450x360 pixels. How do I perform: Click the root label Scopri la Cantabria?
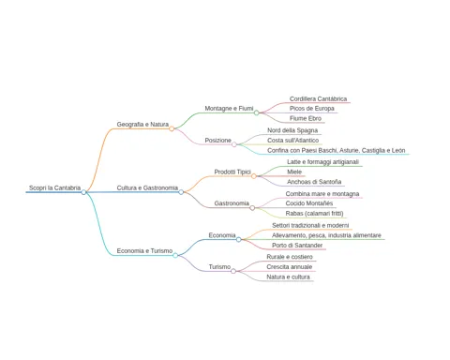(54, 187)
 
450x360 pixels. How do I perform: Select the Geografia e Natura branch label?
(142, 125)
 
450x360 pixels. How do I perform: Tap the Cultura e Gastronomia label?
(147, 187)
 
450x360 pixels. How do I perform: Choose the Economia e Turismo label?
(144, 251)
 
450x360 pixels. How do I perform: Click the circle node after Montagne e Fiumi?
(256, 112)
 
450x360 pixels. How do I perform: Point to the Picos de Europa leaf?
(312, 109)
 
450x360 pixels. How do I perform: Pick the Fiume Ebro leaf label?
(306, 118)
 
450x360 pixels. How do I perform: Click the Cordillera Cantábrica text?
(318, 98)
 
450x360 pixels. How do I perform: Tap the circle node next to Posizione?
(234, 144)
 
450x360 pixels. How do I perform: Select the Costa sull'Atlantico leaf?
(292, 141)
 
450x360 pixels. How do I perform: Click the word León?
(398, 150)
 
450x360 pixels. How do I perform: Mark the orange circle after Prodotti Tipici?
(254, 176)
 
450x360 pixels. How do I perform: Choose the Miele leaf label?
(294, 172)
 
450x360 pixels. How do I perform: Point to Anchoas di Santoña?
(314, 182)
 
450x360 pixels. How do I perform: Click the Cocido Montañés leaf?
(309, 203)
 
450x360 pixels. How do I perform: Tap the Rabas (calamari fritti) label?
(314, 214)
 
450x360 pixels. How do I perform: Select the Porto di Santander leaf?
(297, 246)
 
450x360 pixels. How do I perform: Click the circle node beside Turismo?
(233, 271)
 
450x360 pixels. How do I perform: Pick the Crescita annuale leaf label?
(290, 267)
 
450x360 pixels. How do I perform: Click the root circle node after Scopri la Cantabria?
(83, 192)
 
